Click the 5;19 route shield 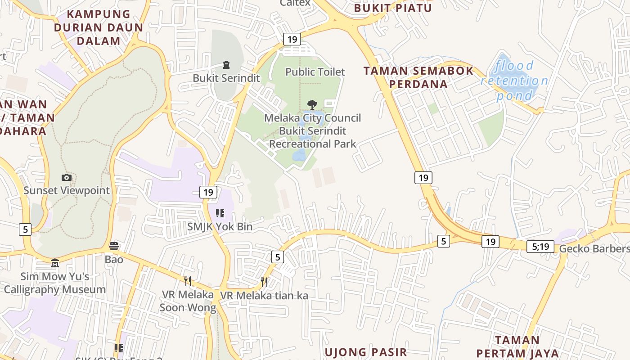[x=540, y=246]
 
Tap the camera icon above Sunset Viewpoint [x=67, y=178]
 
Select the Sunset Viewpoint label [x=67, y=190]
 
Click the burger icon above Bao [x=114, y=246]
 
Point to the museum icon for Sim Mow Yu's [x=55, y=263]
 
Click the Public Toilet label [x=315, y=72]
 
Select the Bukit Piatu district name [x=393, y=8]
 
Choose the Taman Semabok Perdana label [x=418, y=77]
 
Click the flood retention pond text [x=514, y=81]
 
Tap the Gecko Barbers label [x=594, y=249]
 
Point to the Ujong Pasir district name [x=365, y=352]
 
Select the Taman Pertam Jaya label [x=517, y=346]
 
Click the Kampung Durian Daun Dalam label [x=99, y=27]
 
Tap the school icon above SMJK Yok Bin [x=220, y=213]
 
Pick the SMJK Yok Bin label [x=220, y=226]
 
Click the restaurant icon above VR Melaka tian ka [x=264, y=282]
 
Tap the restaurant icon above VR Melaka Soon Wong [x=188, y=281]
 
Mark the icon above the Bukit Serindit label [x=226, y=65]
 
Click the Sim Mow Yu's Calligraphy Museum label [x=55, y=283]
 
